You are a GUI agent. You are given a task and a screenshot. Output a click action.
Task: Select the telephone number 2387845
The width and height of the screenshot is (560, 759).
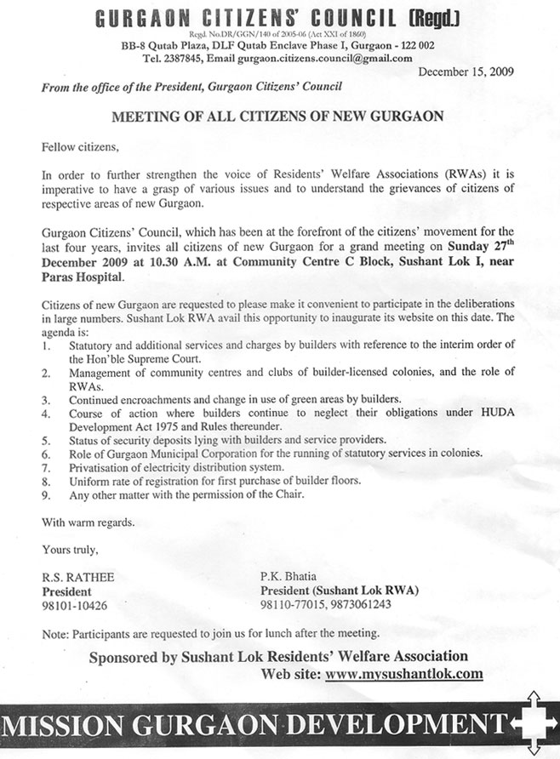(x=184, y=59)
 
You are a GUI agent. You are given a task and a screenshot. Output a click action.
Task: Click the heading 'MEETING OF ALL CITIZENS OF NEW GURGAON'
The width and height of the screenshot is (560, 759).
(x=278, y=116)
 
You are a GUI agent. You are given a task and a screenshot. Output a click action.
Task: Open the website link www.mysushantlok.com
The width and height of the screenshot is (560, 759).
(x=403, y=674)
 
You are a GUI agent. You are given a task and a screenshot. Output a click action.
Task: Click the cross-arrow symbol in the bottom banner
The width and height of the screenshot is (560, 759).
(x=535, y=724)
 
